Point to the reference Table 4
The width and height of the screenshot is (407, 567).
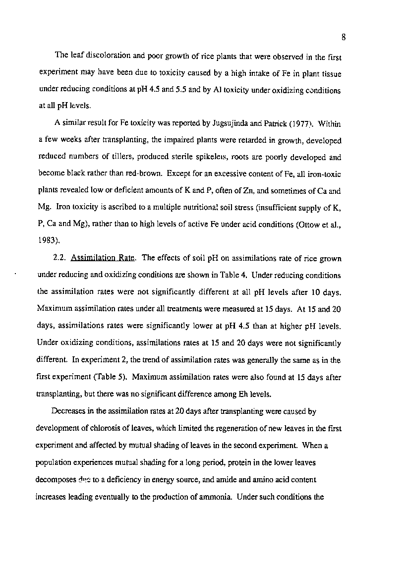pos(235,275)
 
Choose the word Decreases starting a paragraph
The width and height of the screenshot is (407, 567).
pos(68,411)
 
